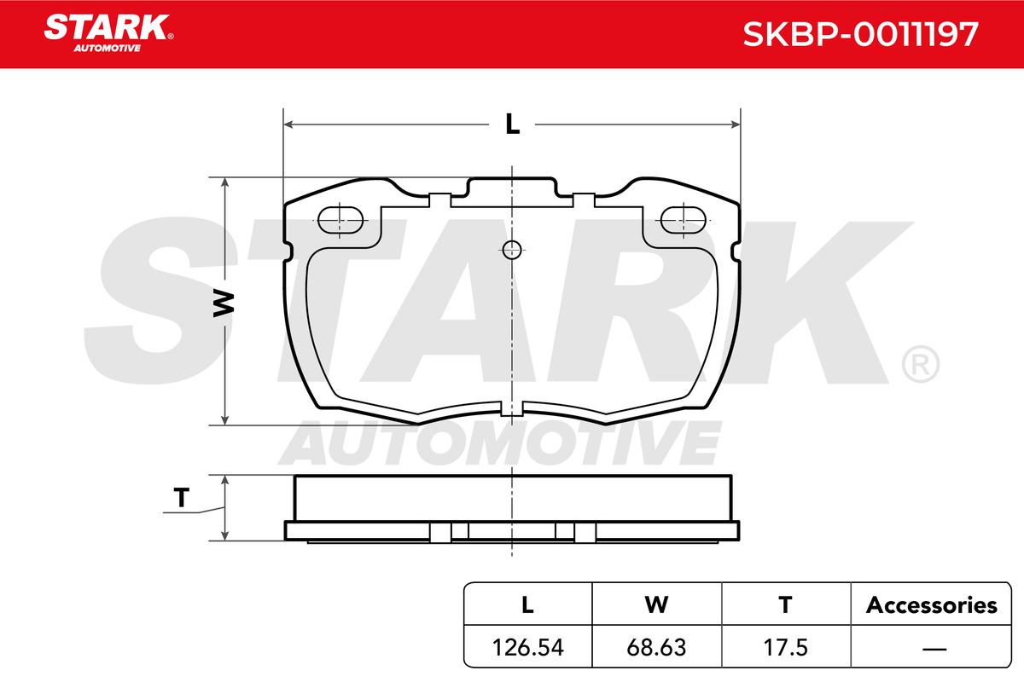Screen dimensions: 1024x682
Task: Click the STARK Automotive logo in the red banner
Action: pos(108,33)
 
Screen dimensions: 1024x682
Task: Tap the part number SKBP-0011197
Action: pos(860,34)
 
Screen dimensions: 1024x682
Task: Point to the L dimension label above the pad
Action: pos(513,124)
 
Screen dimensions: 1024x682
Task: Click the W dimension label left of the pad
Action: pos(224,303)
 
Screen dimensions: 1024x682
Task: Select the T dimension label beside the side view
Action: pos(182,498)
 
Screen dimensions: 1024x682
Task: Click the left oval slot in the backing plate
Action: pos(340,220)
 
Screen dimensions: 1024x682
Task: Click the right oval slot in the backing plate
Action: pos(684,220)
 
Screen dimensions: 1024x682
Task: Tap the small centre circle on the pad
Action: pos(511,250)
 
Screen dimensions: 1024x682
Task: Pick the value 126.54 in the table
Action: pos(528,647)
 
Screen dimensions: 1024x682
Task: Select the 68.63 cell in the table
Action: pos(656,647)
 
